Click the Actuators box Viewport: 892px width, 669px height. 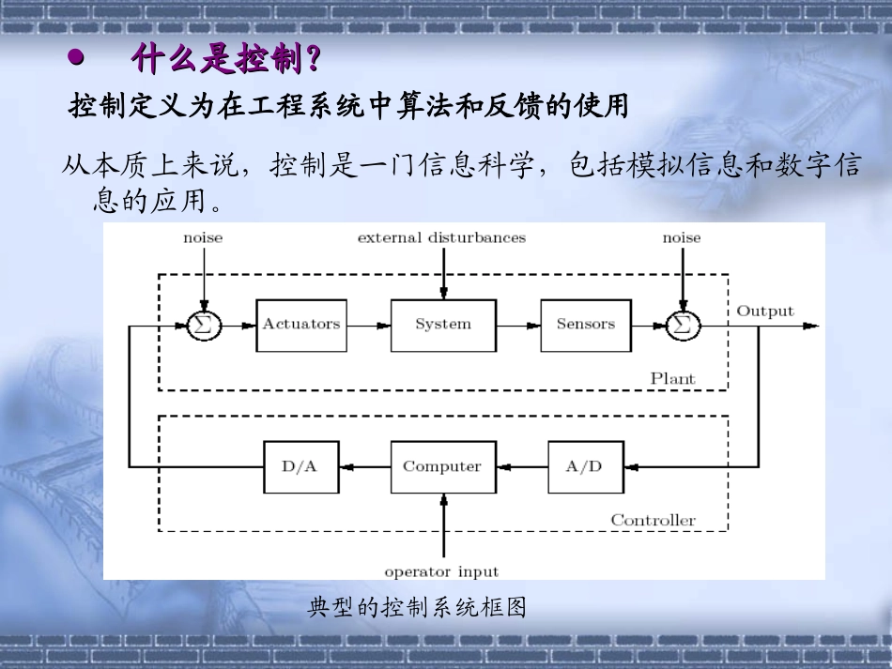tap(300, 325)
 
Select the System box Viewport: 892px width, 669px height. tap(443, 325)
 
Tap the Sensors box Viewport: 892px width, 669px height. tap(585, 325)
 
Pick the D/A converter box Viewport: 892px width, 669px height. tap(299, 467)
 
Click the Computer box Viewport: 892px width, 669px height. tap(442, 467)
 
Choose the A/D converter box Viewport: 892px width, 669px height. tap(585, 467)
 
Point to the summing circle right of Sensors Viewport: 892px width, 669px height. tap(683, 325)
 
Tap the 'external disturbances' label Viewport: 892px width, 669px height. tap(441, 238)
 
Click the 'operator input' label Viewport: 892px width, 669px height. tap(441, 571)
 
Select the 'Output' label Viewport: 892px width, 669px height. tap(764, 312)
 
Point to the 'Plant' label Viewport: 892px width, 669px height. tap(672, 379)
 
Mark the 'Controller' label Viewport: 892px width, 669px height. tap(654, 520)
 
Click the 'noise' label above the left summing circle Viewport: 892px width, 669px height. tap(203, 238)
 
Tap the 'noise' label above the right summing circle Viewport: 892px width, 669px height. tap(682, 238)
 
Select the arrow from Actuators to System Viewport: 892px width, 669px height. tap(367, 326)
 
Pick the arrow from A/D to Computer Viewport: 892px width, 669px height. tap(521, 467)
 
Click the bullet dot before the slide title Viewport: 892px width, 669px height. tap(76, 59)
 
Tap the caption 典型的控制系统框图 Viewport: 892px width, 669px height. tap(417, 608)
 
